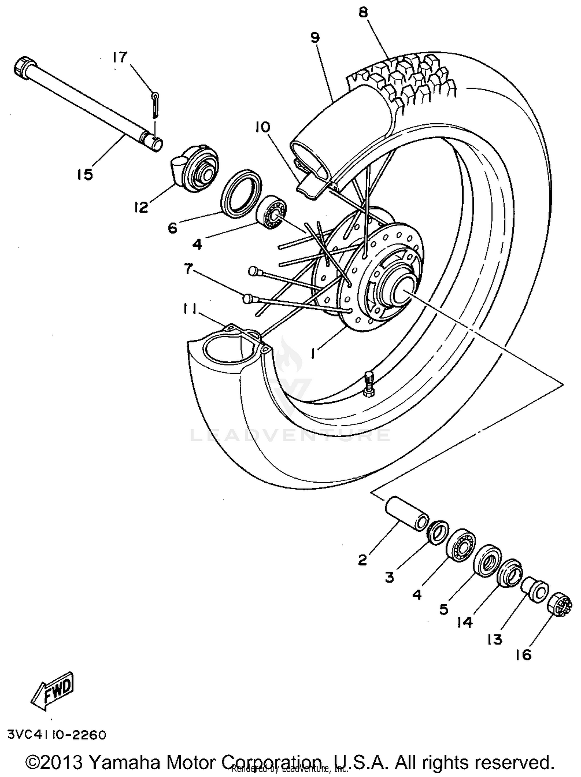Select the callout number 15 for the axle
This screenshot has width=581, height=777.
[x=84, y=174]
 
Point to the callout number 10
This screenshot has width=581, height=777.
[x=263, y=127]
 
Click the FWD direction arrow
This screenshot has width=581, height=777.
[x=53, y=694]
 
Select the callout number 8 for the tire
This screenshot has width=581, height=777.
[x=363, y=12]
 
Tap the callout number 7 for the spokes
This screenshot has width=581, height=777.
[x=188, y=268]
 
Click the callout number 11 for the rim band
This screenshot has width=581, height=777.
[x=190, y=309]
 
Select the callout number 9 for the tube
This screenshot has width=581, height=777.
[x=315, y=38]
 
